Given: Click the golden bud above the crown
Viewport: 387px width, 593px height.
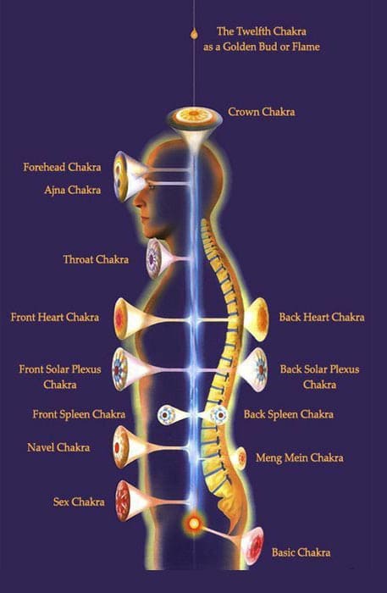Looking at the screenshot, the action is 194,33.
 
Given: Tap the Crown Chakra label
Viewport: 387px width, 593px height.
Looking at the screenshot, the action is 261,112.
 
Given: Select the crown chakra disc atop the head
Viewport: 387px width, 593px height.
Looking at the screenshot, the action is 195,117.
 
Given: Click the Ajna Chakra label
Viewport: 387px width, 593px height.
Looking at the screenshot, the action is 73,190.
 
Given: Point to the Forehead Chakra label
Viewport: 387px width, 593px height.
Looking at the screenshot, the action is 62,167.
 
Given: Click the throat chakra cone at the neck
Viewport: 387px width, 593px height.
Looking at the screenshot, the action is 158,259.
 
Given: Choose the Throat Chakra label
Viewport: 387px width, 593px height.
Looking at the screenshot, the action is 96,259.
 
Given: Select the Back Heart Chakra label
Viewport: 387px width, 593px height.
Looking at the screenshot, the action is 322,317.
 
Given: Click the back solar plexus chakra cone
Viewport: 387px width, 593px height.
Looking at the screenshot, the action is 252,369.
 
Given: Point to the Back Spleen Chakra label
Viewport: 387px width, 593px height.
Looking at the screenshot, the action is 289,414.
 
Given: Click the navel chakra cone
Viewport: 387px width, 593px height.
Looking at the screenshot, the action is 130,447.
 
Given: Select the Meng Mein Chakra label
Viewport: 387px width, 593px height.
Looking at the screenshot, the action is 299,458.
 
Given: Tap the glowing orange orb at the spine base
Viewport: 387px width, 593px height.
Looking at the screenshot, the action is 194,524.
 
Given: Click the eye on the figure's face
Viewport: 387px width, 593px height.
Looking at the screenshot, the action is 151,186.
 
